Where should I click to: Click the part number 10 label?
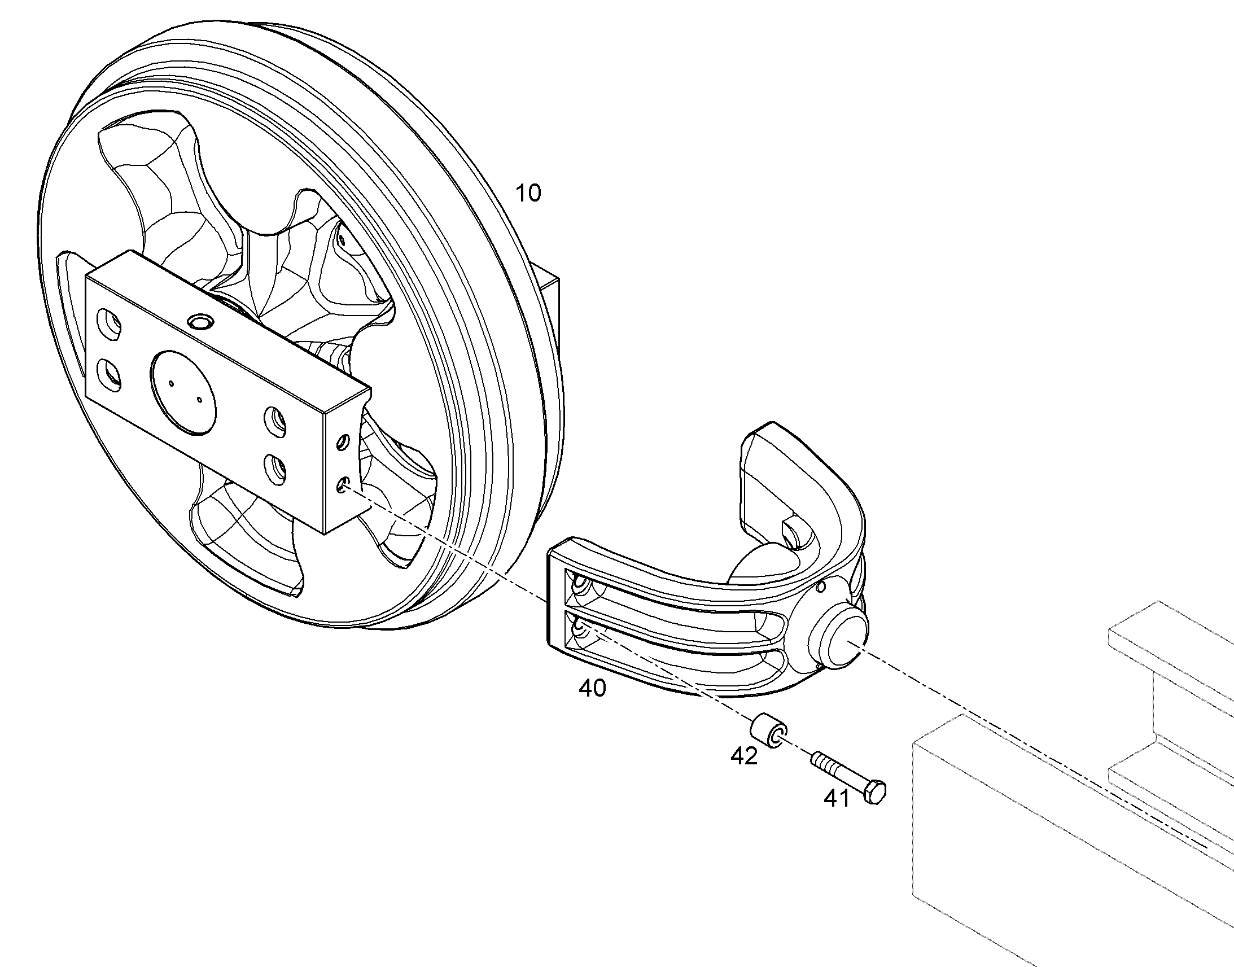(528, 194)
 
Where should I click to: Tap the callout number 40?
(592, 689)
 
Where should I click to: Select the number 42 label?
(744, 756)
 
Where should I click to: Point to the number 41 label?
(836, 798)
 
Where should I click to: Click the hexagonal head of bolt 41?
(874, 791)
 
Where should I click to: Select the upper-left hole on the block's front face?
(109, 325)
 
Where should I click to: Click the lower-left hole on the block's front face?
(110, 375)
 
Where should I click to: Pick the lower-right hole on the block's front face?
(275, 470)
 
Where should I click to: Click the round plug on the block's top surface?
(201, 322)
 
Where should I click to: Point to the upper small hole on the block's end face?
(342, 441)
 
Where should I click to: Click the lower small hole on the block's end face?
(342, 485)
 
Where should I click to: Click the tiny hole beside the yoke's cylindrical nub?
(821, 588)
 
